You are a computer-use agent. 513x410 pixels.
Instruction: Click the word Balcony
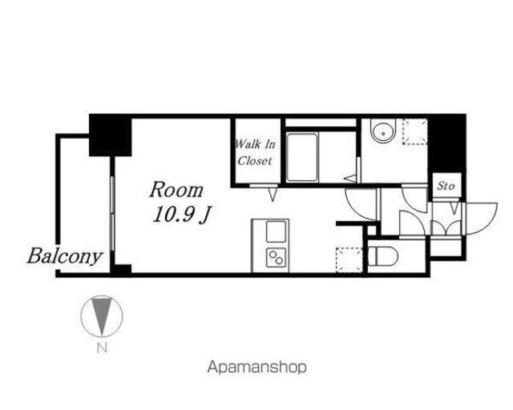[65, 256]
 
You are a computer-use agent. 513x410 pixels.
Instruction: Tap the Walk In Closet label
[256, 152]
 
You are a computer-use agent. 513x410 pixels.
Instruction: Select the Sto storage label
[446, 186]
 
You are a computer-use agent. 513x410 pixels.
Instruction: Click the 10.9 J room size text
[182, 215]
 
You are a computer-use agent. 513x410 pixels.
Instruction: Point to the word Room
[176, 190]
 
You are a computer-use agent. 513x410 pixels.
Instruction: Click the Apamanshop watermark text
[256, 368]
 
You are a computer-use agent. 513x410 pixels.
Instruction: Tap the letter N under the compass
[102, 348]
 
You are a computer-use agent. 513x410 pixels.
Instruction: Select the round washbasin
[383, 131]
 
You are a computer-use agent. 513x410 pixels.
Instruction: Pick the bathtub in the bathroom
[302, 157]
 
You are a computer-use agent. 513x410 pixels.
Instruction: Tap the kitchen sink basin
[276, 231]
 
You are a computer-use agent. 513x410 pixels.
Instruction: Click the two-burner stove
[276, 257]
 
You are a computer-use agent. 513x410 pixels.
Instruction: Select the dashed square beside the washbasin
[415, 131]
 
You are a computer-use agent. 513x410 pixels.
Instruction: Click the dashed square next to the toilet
[349, 260]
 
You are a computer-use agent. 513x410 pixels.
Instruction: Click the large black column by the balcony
[111, 135]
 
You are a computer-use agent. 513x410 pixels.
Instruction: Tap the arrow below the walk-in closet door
[273, 194]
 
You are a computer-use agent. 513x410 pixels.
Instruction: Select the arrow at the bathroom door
[350, 179]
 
